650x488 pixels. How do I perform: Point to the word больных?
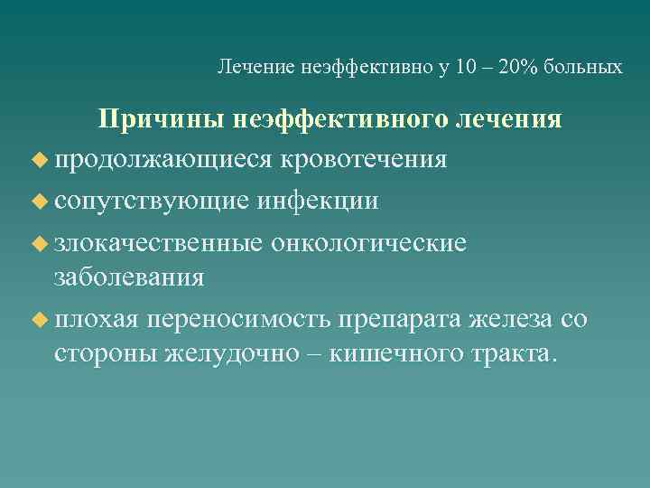tap(587, 68)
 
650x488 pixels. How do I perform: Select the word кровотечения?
tap(364, 160)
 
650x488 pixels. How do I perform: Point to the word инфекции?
tap(320, 201)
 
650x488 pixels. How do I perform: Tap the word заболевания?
tap(128, 276)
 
